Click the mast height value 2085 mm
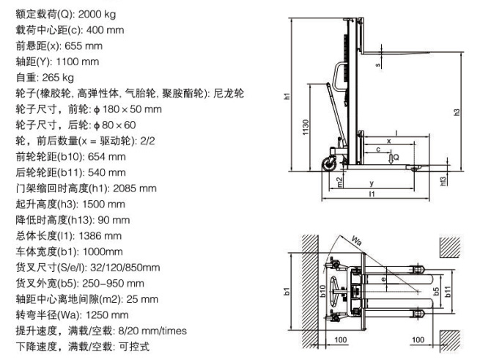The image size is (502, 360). (134, 188)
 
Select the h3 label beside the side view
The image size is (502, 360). (457, 112)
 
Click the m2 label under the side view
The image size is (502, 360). (338, 180)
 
